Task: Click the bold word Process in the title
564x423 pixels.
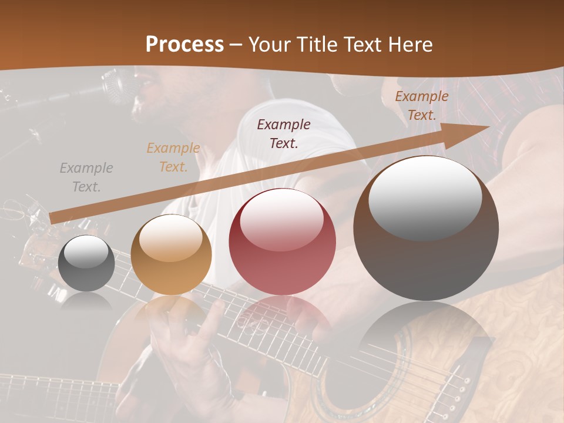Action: point(184,45)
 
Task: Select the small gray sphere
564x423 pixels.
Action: point(87,263)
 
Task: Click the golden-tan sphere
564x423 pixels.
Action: point(171,254)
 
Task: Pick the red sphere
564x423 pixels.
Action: point(282,241)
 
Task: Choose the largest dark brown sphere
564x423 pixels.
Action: point(426,228)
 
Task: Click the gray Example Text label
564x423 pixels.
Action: point(86,177)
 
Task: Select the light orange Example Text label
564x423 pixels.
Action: point(173,157)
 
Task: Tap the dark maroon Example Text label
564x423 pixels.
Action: point(284,133)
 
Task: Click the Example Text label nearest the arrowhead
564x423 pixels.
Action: point(421,106)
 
